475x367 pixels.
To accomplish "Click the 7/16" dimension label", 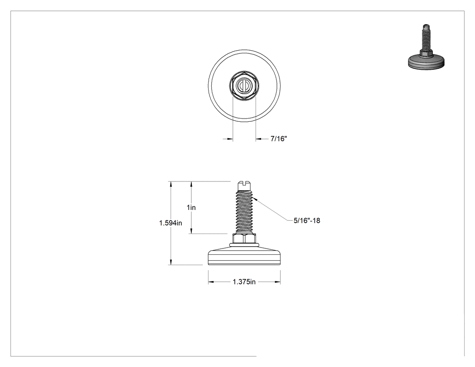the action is click(x=279, y=139).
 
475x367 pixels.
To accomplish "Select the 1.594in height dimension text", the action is click(x=171, y=223).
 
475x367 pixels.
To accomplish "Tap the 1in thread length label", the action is click(x=191, y=208).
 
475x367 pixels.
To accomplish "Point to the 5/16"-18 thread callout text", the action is click(x=307, y=220).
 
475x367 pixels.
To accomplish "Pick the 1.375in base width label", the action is click(x=244, y=282).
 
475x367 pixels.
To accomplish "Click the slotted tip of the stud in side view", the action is click(x=244, y=186).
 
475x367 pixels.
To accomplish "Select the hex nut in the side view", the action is click(x=244, y=238).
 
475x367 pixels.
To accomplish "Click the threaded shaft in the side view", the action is click(x=244, y=211).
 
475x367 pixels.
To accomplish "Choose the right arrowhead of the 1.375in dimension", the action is click(x=277, y=282).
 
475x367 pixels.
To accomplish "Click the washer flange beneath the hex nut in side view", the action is click(x=244, y=244).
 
